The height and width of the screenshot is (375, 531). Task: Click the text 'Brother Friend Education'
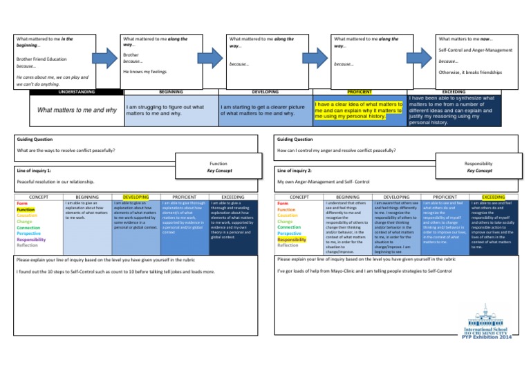click(x=41, y=59)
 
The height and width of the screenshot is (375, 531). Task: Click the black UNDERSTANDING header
click(x=58, y=91)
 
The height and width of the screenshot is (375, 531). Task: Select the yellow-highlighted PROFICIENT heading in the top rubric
click(x=360, y=91)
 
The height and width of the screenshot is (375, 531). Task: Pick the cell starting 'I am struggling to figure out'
click(x=164, y=110)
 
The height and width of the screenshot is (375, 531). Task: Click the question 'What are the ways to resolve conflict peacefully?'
click(x=65, y=150)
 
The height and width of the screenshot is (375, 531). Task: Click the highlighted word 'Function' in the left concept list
click(x=26, y=210)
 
